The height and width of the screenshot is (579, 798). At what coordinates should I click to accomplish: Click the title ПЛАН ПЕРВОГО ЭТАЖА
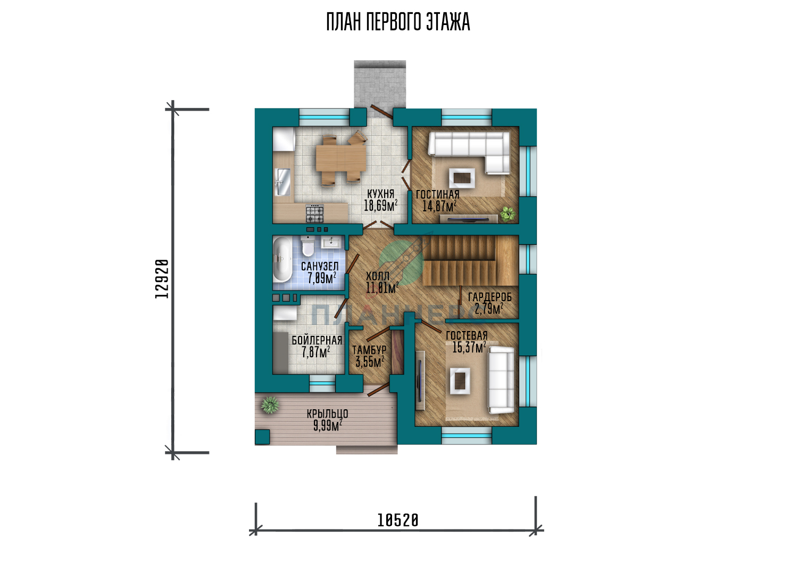[398, 22]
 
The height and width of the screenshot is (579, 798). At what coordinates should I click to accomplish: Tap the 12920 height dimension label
[162, 279]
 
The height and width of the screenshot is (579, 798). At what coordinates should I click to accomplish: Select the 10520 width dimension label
[397, 520]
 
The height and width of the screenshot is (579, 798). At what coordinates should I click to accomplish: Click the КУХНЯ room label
[380, 194]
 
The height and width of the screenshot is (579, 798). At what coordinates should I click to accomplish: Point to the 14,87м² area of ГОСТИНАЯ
[439, 206]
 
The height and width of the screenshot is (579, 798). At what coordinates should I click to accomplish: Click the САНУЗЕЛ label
[320, 266]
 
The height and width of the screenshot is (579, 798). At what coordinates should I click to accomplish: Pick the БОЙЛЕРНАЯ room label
[317, 340]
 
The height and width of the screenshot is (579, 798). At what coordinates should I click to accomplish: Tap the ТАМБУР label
[369, 350]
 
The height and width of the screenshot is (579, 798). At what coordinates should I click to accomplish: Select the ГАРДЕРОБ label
[489, 297]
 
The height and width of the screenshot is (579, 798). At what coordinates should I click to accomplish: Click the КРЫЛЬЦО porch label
[327, 413]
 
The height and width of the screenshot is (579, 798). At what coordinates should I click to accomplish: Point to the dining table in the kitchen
[341, 159]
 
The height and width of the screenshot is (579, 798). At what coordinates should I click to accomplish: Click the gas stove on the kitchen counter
[315, 213]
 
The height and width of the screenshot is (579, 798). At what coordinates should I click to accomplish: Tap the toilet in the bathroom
[307, 246]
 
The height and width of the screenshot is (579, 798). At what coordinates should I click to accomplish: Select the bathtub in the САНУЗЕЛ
[282, 264]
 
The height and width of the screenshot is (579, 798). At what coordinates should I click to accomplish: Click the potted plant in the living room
[508, 214]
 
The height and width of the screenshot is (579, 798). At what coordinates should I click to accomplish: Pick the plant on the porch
[270, 405]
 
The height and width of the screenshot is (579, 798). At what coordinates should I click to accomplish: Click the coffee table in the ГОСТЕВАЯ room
[460, 381]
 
